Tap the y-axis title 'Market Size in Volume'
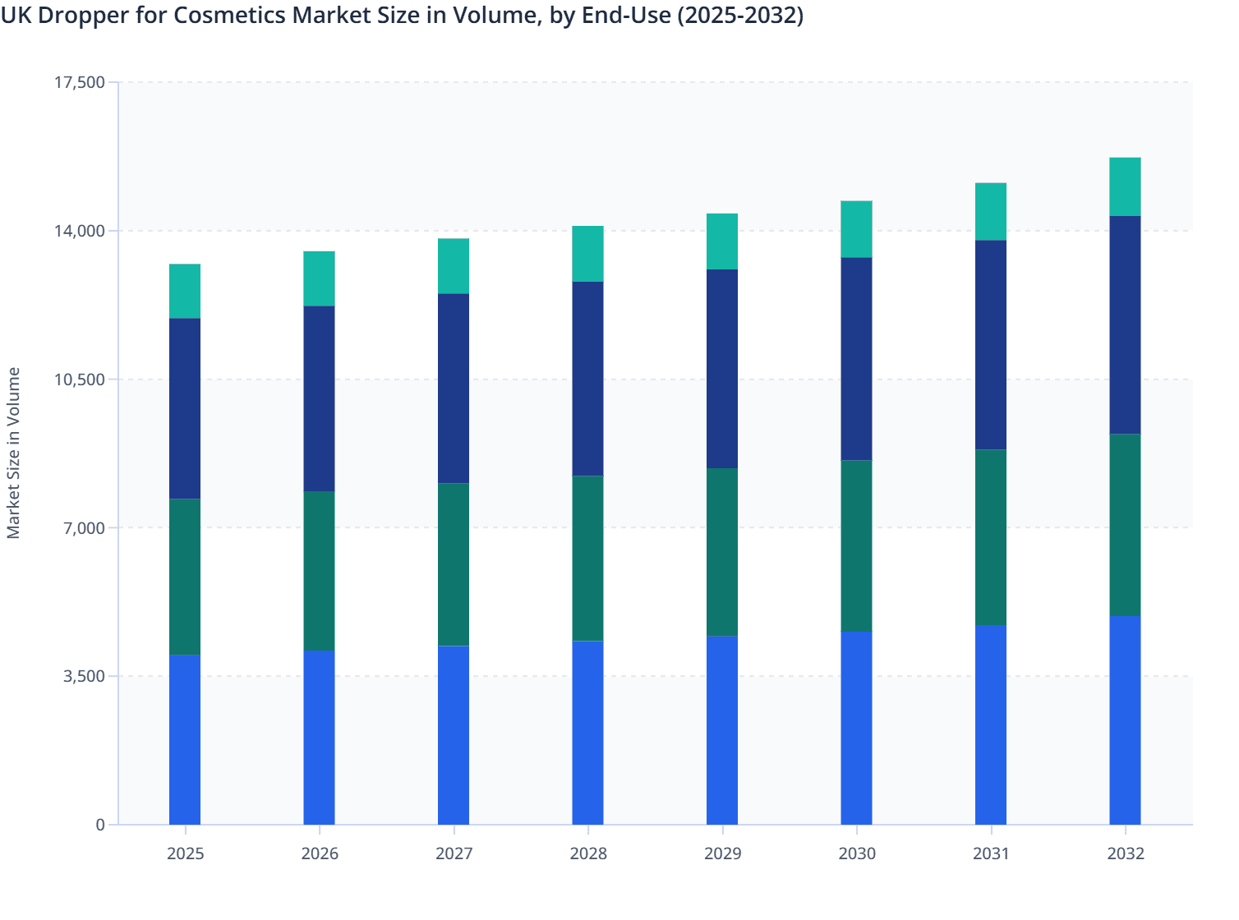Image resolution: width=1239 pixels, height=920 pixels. tap(13, 453)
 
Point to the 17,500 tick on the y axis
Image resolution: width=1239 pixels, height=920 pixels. tap(80, 82)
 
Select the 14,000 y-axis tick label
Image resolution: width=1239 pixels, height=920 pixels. tap(80, 231)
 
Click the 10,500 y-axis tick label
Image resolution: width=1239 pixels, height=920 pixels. tap(80, 379)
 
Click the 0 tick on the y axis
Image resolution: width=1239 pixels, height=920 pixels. tap(100, 825)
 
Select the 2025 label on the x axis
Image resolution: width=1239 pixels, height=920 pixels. tap(185, 853)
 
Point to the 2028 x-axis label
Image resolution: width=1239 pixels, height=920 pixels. tap(588, 853)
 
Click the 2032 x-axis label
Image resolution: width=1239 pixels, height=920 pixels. tap(1126, 853)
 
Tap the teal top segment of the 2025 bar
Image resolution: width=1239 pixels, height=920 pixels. tap(185, 291)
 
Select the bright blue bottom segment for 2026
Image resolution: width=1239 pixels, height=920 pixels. tap(320, 737)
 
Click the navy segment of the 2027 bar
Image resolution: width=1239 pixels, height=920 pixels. tap(454, 388)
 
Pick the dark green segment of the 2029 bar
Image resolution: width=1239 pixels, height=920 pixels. tap(722, 552)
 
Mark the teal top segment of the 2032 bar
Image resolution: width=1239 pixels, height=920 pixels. tap(1126, 186)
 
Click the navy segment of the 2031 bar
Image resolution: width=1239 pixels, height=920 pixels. tap(991, 344)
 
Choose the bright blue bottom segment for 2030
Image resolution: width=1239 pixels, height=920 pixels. tap(857, 728)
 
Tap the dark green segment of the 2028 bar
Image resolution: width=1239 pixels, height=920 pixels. tap(588, 558)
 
